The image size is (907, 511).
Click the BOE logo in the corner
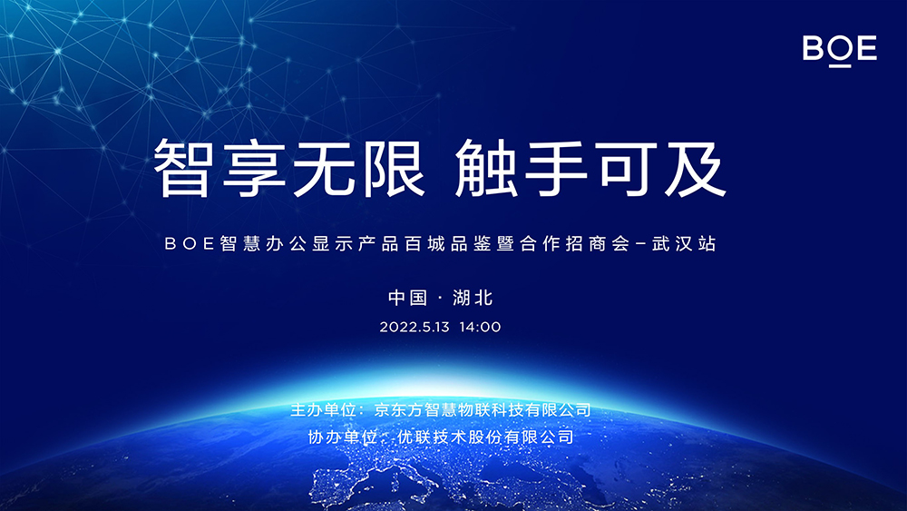[840, 49]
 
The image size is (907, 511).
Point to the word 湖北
[473, 297]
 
